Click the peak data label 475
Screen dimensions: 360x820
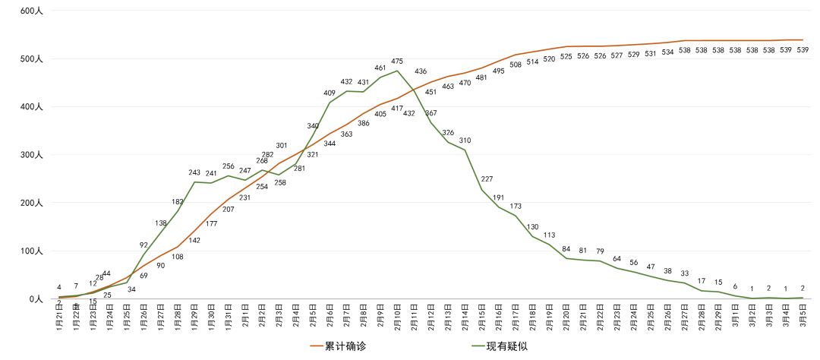397,62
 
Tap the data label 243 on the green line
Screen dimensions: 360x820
194,173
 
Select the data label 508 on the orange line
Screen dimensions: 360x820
516,65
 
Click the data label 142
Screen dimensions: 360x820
194,240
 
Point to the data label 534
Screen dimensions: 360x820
667,52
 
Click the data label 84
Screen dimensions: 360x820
566,249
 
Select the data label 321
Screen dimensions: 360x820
313,155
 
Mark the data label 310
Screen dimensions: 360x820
465,141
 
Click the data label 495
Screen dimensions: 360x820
499,71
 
